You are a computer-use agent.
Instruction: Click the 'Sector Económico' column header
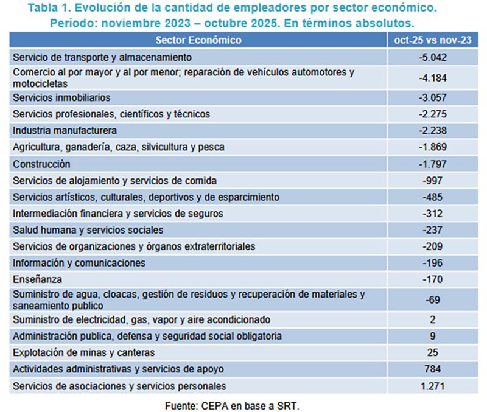[x=198, y=40]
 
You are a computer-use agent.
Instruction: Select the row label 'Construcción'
[x=41, y=164]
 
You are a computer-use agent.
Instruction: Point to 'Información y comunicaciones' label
[x=79, y=264]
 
